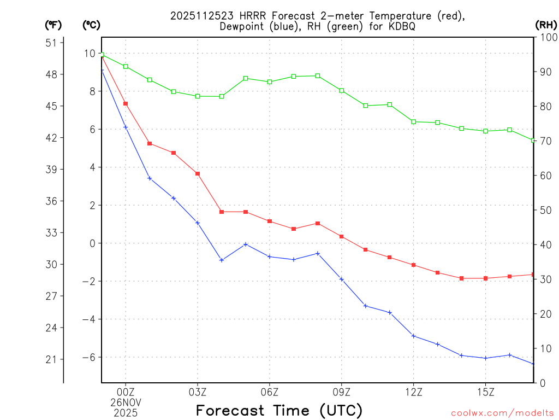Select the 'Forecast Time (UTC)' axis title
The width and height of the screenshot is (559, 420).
point(279,410)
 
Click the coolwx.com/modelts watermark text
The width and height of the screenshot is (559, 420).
point(502,413)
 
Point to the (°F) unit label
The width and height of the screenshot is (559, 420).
point(53,25)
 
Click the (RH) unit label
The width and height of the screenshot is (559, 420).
point(546,25)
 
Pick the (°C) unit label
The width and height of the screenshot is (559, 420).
point(91,25)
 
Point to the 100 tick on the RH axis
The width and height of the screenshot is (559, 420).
point(546,37)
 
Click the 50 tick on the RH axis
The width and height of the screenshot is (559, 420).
point(544,210)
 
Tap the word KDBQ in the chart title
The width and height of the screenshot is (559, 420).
point(402,27)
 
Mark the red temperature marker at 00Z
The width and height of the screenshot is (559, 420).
point(126,103)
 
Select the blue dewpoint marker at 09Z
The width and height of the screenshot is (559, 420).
point(342,279)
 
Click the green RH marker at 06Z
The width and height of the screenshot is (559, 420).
point(270,82)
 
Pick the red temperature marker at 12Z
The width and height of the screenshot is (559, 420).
point(414,265)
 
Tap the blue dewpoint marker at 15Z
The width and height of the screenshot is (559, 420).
point(486,358)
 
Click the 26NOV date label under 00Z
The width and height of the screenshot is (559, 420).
point(126,402)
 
